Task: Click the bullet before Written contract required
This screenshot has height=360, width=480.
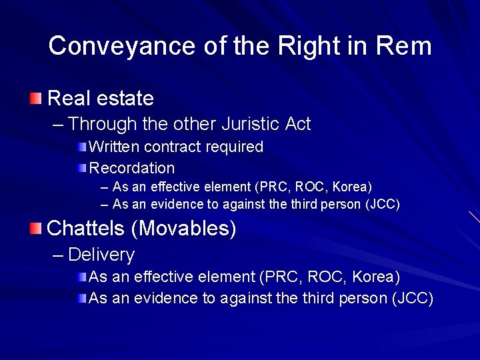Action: pos(81,147)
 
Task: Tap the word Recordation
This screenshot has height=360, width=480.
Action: pos(132,168)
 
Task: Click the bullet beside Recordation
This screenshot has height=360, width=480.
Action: pos(81,168)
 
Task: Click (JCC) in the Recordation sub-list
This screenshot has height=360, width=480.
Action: pos(383,205)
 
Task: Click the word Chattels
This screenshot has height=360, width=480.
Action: pos(87,229)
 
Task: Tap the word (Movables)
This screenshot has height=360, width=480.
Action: pos(184,229)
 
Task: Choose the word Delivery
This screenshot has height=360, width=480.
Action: pos(101,255)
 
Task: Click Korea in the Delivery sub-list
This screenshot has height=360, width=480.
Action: pos(376,277)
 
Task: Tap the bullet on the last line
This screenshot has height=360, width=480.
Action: pos(81,298)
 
